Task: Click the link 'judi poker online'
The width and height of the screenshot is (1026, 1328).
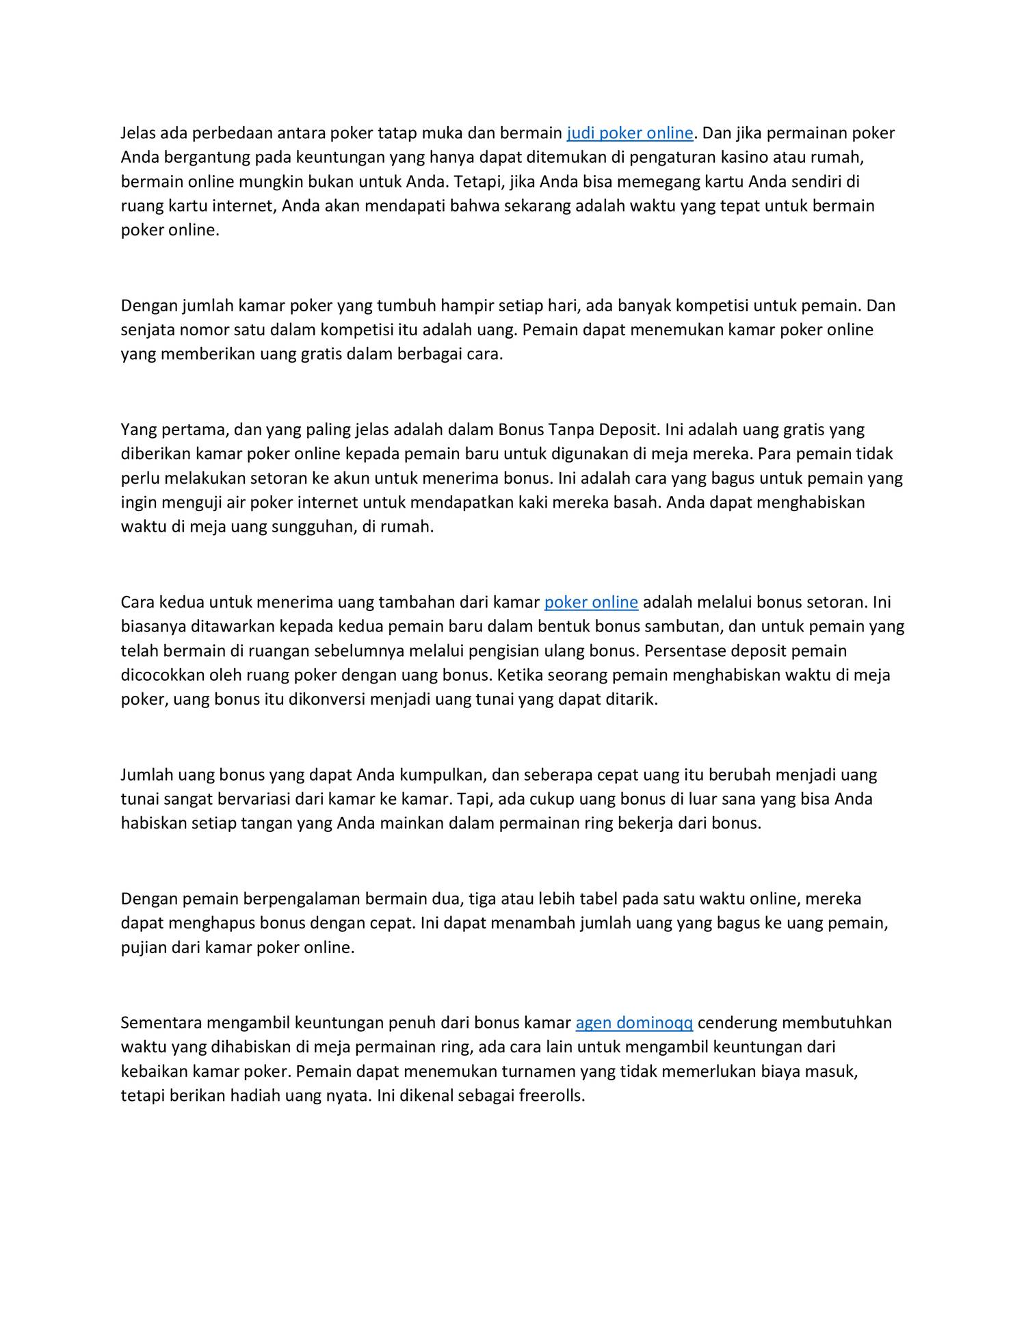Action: point(630,133)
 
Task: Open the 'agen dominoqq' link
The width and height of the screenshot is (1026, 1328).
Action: point(634,1022)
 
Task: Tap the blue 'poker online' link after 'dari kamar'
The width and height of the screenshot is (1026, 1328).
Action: point(591,602)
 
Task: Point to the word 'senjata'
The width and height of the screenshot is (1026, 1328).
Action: point(148,330)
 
